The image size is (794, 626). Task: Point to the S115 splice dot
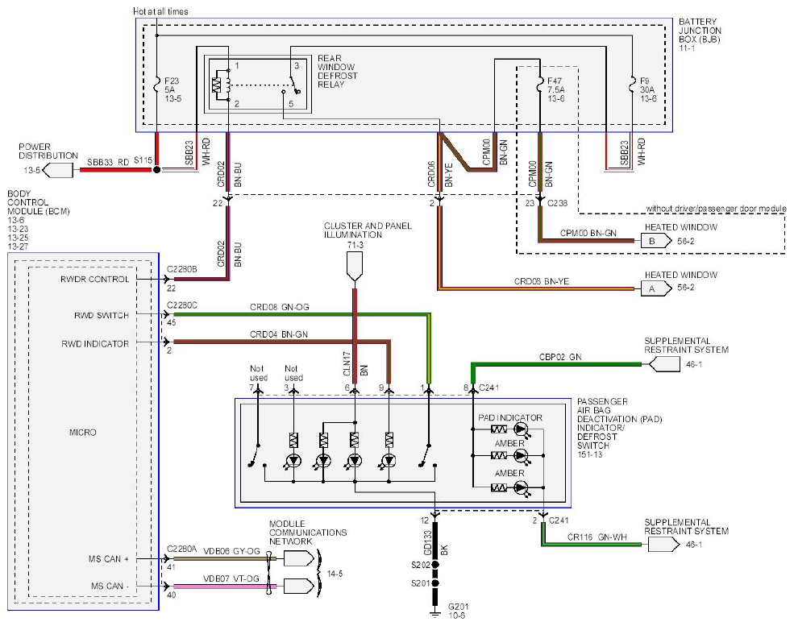coord(157,170)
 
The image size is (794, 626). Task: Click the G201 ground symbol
coord(435,614)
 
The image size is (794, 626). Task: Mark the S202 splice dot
coord(435,564)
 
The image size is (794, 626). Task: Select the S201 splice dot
coord(435,583)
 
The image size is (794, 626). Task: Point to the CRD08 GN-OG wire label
coord(279,307)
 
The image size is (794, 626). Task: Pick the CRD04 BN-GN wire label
coord(279,334)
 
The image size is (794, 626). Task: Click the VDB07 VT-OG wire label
coord(231,578)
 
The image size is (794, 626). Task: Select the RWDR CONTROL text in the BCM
coord(94,280)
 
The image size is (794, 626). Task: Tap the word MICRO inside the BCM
coord(82,433)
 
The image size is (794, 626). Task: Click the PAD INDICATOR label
coord(510,418)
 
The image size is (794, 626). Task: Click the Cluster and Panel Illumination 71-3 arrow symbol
coord(355,266)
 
